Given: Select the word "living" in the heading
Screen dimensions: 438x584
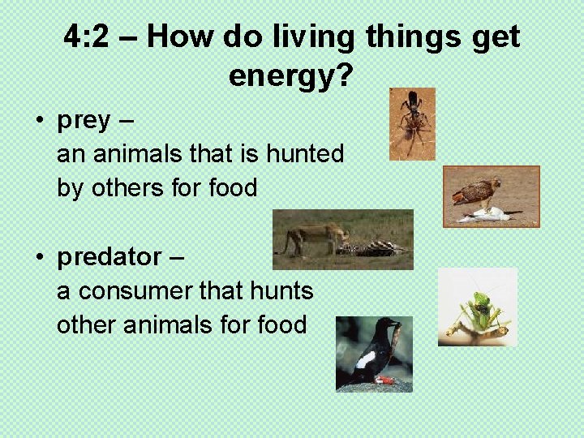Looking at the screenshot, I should click(320, 36).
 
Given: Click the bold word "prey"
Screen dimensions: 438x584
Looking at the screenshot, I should click(84, 120).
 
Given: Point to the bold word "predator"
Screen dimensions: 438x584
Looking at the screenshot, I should click(109, 257).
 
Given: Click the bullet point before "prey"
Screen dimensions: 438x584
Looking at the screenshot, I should click(39, 121).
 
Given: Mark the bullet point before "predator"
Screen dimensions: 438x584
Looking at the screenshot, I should click(39, 258).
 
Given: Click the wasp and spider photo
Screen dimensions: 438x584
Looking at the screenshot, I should click(412, 123).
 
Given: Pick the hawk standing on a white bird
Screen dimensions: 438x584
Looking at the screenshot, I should click(474, 195).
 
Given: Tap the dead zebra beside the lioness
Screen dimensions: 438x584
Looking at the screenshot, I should click(373, 247).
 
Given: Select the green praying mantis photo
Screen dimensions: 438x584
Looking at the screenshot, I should click(477, 307).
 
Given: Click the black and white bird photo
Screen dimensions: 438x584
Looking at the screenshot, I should click(374, 354).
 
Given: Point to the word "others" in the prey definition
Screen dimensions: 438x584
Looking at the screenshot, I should click(122, 188).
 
